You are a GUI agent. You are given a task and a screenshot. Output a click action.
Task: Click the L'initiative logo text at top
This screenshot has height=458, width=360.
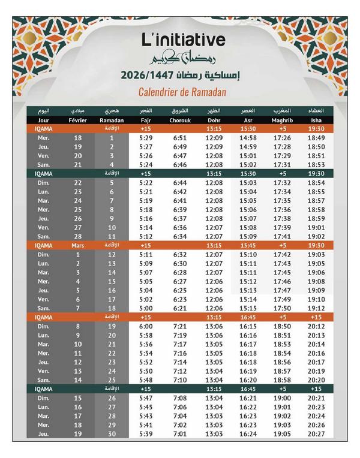click(x=184, y=40)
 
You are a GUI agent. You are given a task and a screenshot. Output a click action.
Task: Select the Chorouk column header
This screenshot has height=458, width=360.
click(x=180, y=120)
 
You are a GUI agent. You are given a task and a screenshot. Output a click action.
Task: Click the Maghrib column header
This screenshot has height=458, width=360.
click(x=282, y=120)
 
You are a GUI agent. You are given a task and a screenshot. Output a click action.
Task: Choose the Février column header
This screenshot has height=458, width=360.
click(x=78, y=120)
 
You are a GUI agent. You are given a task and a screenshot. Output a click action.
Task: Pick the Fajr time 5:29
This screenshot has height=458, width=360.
click(x=145, y=138)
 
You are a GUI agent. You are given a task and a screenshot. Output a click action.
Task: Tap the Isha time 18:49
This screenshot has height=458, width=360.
click(x=316, y=138)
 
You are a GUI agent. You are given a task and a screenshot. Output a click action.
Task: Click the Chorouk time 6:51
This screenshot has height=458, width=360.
click(x=180, y=138)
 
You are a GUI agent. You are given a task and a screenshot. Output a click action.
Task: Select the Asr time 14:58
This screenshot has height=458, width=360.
click(x=248, y=138)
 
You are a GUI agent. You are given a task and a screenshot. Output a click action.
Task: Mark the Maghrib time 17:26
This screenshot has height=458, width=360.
click(x=282, y=138)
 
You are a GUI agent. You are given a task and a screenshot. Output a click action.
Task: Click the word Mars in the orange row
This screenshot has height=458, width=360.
click(x=78, y=245)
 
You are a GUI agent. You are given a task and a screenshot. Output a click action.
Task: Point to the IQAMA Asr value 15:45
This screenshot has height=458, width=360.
click(x=248, y=245)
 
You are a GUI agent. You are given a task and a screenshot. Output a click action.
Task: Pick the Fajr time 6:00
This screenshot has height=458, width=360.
click(x=145, y=326)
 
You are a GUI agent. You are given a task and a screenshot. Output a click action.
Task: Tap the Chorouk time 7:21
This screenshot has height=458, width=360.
click(x=180, y=326)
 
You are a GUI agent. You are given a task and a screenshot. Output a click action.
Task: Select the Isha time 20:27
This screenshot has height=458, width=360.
click(x=316, y=433)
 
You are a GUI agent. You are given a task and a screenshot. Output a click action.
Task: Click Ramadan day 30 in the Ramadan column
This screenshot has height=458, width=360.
click(x=112, y=433)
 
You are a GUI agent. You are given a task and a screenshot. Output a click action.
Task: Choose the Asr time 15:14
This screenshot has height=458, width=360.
click(x=248, y=299)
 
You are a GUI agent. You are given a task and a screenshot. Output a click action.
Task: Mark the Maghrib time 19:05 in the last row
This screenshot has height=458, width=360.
click(x=282, y=433)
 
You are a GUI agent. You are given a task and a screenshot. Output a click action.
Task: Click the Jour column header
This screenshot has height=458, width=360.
click(x=44, y=120)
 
